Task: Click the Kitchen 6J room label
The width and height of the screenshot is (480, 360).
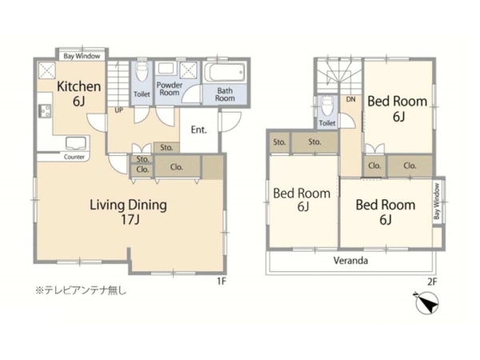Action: pyautogui.click(x=79, y=94)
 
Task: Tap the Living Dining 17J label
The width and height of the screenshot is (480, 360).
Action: pyautogui.click(x=129, y=212)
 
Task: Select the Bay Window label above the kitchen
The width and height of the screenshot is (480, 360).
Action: pyautogui.click(x=82, y=56)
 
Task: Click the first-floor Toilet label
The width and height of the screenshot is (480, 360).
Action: pyautogui.click(x=142, y=94)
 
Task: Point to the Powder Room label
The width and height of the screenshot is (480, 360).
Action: pyautogui.click(x=170, y=89)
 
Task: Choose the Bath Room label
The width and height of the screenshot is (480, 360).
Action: pyautogui.click(x=225, y=94)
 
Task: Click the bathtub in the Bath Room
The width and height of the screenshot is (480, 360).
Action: pyautogui.click(x=225, y=73)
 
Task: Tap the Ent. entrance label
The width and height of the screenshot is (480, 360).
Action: pyautogui.click(x=198, y=130)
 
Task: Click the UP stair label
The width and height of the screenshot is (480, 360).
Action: pyautogui.click(x=118, y=110)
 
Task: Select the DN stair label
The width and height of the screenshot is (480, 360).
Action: pyautogui.click(x=351, y=99)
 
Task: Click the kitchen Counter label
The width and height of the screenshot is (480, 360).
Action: pyautogui.click(x=74, y=157)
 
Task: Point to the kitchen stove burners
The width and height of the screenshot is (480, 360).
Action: pyautogui.click(x=45, y=111)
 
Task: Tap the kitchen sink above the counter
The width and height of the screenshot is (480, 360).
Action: pyautogui.click(x=76, y=143)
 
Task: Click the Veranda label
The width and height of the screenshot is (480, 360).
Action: pyautogui.click(x=350, y=261)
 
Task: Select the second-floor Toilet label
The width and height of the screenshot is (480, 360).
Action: pyautogui.click(x=327, y=123)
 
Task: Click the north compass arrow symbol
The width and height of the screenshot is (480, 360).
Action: pyautogui.click(x=428, y=302)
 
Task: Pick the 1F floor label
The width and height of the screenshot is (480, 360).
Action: pyautogui.click(x=222, y=282)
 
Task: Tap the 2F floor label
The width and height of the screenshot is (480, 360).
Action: pyautogui.click(x=432, y=282)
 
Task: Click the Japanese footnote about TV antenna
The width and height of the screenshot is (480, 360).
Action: pyautogui.click(x=81, y=290)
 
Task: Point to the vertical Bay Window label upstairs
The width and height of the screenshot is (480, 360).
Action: pyautogui.click(x=437, y=201)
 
